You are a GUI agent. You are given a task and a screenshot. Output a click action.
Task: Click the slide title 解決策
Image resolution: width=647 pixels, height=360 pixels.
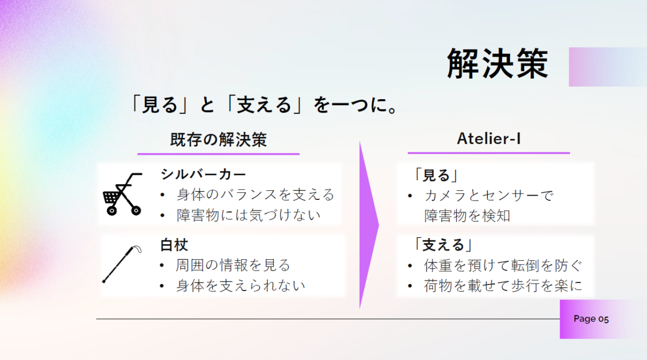click(x=497, y=64)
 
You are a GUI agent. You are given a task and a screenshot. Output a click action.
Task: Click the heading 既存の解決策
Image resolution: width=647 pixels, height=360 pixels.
click(x=218, y=140)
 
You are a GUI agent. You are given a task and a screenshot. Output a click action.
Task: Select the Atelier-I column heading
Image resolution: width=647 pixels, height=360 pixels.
click(x=488, y=139)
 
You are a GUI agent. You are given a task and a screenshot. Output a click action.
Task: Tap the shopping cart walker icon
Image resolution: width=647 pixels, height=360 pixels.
click(x=122, y=194)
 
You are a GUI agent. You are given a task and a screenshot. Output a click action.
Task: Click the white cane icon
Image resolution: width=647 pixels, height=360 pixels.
click(x=122, y=264)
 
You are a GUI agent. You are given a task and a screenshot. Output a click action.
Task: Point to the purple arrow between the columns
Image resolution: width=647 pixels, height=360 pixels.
click(x=369, y=225)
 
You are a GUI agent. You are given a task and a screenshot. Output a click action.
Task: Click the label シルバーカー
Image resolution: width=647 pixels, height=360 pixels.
click(x=203, y=175)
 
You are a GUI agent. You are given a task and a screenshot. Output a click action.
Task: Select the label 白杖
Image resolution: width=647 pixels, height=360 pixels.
click(x=174, y=245)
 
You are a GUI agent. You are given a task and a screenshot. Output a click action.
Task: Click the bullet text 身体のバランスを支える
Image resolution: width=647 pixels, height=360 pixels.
click(x=256, y=195)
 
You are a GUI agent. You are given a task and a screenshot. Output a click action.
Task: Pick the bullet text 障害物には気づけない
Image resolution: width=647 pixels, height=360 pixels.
click(x=249, y=216)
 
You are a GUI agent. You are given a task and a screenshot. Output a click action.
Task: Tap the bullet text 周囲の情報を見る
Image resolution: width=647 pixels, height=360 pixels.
click(x=233, y=265)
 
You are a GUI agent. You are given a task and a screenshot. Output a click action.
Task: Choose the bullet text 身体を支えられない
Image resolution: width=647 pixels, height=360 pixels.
click(x=240, y=286)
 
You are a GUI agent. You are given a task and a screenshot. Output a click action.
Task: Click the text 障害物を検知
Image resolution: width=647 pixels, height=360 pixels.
click(x=467, y=216)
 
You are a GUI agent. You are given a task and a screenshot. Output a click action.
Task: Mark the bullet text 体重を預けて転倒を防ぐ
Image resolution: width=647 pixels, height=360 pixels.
click(x=503, y=266)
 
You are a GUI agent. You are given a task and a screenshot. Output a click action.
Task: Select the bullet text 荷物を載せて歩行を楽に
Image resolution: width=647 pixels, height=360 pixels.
click(x=503, y=286)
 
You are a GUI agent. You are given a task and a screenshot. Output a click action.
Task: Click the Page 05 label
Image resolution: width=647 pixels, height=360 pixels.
click(x=591, y=319)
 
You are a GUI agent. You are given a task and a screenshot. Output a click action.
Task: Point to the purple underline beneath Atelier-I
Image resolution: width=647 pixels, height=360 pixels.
click(x=488, y=153)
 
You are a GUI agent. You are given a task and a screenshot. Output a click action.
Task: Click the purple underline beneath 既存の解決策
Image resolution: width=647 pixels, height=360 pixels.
click(x=218, y=154)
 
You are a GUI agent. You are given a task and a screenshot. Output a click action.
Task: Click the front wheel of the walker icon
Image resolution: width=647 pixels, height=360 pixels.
click(x=112, y=211)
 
